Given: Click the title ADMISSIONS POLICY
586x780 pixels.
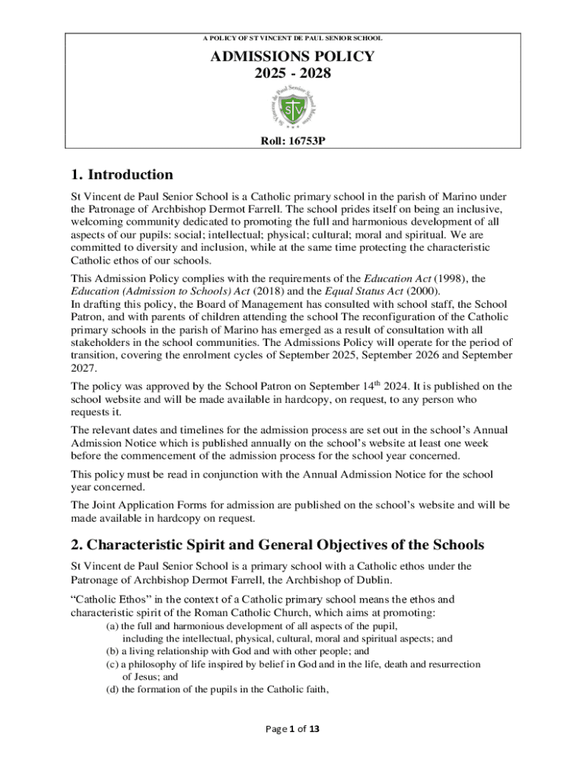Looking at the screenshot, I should click(x=293, y=56).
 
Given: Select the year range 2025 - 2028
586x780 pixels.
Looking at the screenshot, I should click(x=293, y=73).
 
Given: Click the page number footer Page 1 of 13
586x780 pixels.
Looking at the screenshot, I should click(x=292, y=729).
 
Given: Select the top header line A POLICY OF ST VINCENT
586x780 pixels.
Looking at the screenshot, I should click(x=293, y=37).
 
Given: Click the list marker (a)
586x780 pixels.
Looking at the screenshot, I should click(x=111, y=626).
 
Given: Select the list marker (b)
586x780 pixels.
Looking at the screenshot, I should click(x=111, y=652).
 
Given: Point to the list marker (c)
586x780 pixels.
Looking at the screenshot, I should click(x=111, y=664).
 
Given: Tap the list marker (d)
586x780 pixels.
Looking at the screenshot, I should click(x=111, y=690).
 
